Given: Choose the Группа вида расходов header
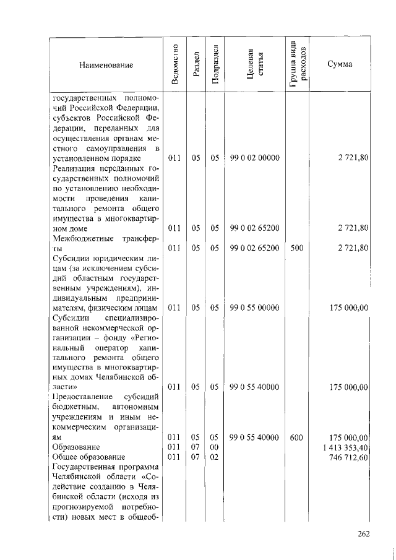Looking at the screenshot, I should tap(296, 64).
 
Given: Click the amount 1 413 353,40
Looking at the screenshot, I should tap(346, 446).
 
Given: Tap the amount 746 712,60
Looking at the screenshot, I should tap(350, 457).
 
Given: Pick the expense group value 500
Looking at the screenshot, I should tap(296, 248).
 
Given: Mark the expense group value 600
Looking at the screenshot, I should tap(296, 437).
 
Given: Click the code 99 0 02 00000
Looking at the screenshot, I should tap(254, 158).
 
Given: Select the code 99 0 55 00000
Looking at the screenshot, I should tap(254, 308).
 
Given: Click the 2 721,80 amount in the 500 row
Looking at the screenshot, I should tap(353, 248).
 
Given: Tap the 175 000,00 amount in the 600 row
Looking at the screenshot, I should tap(351, 437).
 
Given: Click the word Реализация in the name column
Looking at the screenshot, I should tap(75, 169).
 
